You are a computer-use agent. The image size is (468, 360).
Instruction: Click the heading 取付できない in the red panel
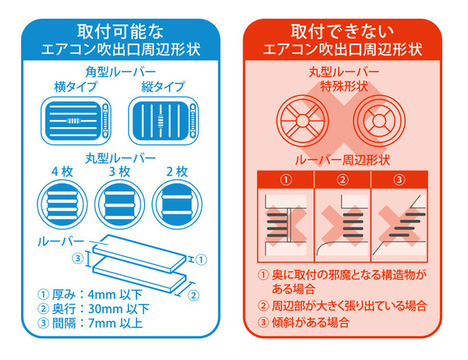(344, 33)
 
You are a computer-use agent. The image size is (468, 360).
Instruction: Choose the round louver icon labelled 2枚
(174, 201)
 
